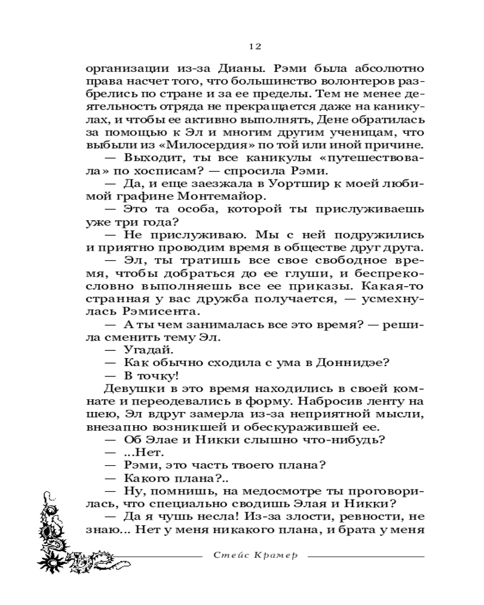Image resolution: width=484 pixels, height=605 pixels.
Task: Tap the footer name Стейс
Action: [231, 556]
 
